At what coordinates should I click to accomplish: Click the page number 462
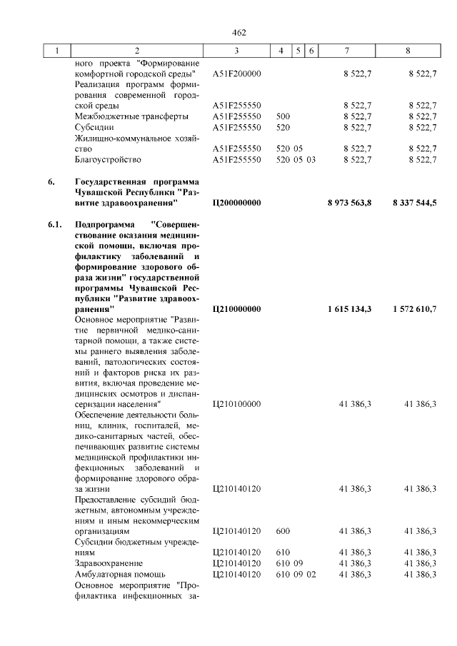click(238, 33)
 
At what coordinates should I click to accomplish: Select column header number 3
click(236, 51)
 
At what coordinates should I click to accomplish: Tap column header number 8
click(408, 51)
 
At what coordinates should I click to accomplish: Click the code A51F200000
click(238, 73)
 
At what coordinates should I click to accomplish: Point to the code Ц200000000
click(237, 203)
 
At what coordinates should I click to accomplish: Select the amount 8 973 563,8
click(349, 203)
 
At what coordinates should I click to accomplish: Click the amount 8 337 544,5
click(414, 203)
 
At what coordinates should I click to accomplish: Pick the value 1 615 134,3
click(349, 309)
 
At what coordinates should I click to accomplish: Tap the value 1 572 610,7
click(414, 309)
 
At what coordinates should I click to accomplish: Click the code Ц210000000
click(237, 309)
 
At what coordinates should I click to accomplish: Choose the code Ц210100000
click(237, 404)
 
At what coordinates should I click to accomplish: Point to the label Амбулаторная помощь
click(120, 573)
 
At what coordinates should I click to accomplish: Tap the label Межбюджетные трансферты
click(131, 116)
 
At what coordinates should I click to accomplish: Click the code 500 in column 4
click(283, 116)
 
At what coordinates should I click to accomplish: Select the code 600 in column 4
click(283, 531)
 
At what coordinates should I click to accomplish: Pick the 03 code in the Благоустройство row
click(311, 159)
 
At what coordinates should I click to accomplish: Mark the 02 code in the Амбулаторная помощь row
click(311, 573)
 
